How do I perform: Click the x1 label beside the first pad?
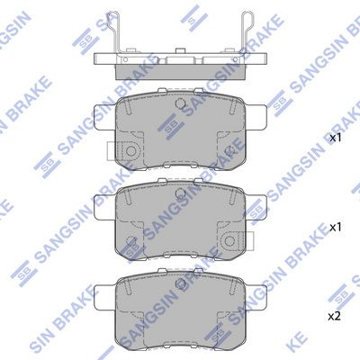point(336,138)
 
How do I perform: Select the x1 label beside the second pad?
point(336,227)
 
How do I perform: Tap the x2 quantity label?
point(334,317)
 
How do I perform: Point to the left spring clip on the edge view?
point(112,33)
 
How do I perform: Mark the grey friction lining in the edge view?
point(180,72)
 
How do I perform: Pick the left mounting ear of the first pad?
point(105,117)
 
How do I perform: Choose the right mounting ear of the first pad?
point(256,117)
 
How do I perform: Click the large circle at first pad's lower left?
point(130,150)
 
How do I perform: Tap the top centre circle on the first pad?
point(180,103)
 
